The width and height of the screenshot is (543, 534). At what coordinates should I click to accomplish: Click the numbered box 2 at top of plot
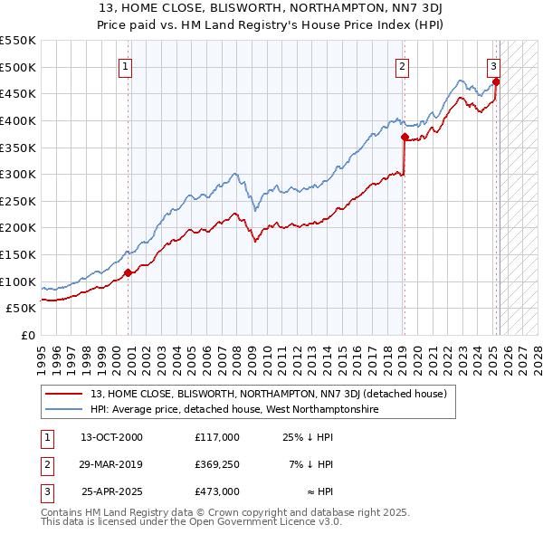pos(402,65)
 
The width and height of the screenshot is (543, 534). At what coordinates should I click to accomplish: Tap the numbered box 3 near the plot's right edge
pos(493,65)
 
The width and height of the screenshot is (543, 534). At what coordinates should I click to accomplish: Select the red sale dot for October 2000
pos(128,272)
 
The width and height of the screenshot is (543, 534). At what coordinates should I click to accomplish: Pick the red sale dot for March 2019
pos(405,137)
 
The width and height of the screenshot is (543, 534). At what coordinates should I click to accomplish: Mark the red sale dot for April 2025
pos(496,81)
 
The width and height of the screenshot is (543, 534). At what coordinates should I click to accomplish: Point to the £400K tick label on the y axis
pos(18,120)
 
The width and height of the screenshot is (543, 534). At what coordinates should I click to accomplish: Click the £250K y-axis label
pos(18,201)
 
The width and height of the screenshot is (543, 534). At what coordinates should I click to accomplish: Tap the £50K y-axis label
pos(22,309)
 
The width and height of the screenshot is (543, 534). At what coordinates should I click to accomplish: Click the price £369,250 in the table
pos(217,464)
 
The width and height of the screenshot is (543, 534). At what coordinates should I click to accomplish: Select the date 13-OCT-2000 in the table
pos(111,437)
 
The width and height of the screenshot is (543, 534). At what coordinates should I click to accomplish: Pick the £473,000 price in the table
pos(217,491)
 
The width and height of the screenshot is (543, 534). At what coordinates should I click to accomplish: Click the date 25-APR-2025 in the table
pos(111,491)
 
